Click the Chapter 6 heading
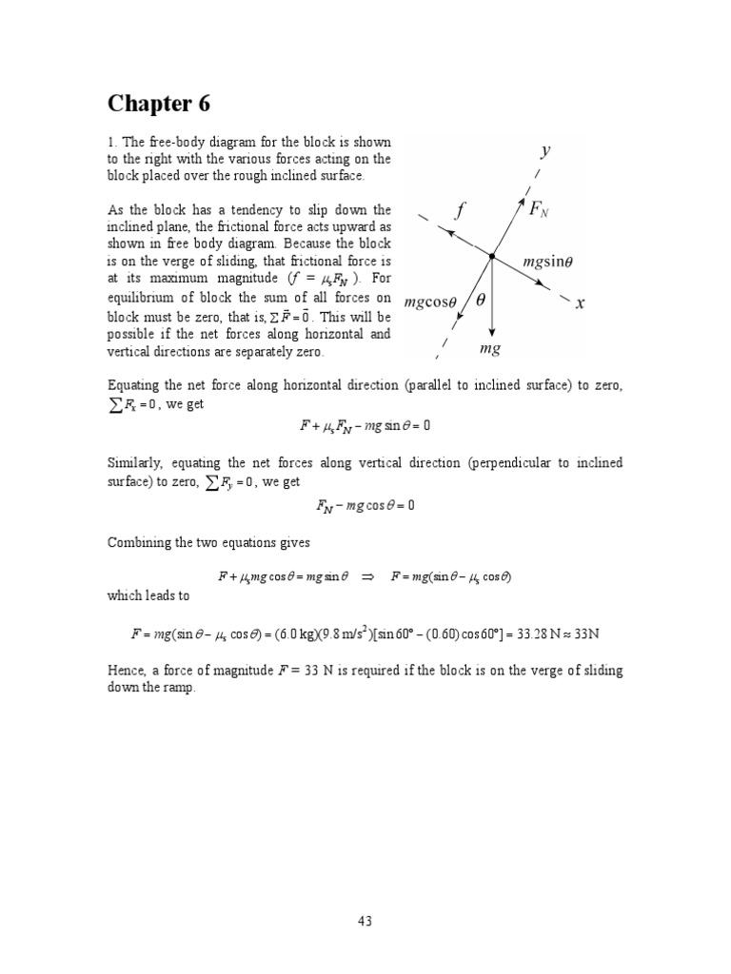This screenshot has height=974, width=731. point(158,103)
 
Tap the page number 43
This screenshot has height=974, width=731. point(365,920)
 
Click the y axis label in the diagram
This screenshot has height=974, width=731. point(546,150)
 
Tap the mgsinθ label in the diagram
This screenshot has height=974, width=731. point(553,262)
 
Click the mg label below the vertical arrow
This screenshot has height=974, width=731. point(489,349)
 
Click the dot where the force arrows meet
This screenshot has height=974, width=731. point(492,256)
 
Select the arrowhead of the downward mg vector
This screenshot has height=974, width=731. point(492,332)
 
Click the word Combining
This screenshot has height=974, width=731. point(139,541)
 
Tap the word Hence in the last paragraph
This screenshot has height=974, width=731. point(126,670)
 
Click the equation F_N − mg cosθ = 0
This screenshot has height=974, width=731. point(365,506)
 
